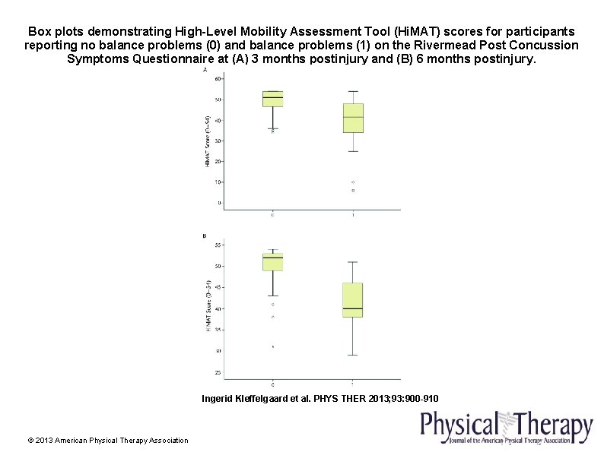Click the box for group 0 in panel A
tap(272, 99)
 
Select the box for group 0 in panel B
tap(272, 262)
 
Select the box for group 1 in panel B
tap(353, 300)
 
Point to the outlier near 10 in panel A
tap(353, 182)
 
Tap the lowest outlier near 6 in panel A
tap(353, 191)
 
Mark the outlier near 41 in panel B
tap(272, 305)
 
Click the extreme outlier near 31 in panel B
tap(272, 346)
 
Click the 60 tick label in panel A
tap(218, 79)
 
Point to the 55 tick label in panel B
tap(218, 245)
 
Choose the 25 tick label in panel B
tap(218, 372)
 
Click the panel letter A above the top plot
tap(204, 70)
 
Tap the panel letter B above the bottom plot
tap(204, 236)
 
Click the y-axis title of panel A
tap(208, 141)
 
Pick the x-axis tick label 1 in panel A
tap(353, 215)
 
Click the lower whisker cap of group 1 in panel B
tap(353, 355)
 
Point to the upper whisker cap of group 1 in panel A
tap(353, 91)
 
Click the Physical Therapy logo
tap(507, 427)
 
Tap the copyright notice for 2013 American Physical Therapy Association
tap(107, 441)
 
